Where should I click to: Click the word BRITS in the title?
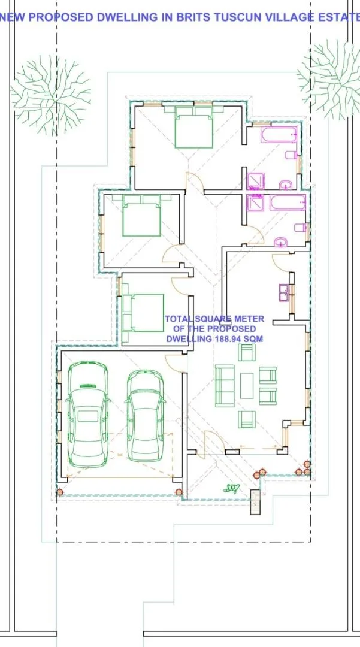click(x=192, y=17)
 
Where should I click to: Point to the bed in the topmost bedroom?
click(x=194, y=126)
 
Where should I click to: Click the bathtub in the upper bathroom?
click(x=279, y=135)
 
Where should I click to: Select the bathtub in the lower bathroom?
click(x=288, y=202)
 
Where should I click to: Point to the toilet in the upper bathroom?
click(x=291, y=155)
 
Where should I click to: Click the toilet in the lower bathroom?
click(x=301, y=228)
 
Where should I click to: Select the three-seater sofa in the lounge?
click(x=225, y=385)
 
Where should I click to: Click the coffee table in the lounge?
click(x=247, y=385)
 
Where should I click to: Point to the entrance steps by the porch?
click(x=256, y=501)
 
